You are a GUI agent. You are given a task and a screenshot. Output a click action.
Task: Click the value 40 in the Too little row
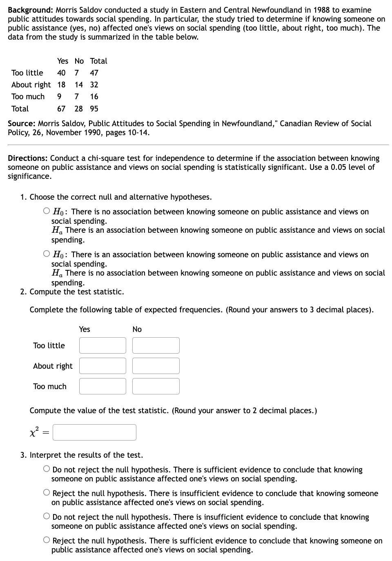[61, 73]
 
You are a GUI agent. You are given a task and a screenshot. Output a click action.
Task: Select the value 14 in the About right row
[79, 85]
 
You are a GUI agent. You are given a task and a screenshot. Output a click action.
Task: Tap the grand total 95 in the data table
[94, 109]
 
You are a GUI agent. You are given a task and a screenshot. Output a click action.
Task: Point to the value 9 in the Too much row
[60, 96]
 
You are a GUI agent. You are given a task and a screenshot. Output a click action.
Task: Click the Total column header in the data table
[98, 61]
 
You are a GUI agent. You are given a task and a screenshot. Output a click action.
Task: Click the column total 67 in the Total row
[61, 109]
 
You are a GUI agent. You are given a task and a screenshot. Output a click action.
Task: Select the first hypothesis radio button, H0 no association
[47, 211]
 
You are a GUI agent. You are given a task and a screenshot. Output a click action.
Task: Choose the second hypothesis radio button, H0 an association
[47, 254]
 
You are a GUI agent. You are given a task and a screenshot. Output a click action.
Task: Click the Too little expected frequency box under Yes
[102, 345]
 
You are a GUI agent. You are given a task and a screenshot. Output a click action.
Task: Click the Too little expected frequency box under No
[156, 345]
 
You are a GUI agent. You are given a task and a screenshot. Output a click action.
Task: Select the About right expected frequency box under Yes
[102, 366]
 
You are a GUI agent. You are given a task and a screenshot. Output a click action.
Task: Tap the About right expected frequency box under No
[156, 366]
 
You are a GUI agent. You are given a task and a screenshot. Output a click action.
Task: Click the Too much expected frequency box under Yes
[102, 386]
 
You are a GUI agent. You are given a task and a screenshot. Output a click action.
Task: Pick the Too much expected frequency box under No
[156, 386]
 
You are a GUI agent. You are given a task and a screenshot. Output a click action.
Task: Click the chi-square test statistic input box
[94, 432]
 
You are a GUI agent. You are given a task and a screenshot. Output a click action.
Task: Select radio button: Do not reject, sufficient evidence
[47, 470]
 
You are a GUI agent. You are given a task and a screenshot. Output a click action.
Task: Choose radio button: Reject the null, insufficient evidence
[47, 493]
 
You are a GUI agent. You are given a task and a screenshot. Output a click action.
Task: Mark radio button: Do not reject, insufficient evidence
[47, 517]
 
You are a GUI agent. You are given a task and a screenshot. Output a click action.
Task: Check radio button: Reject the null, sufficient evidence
[47, 541]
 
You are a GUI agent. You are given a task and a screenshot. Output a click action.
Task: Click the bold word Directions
[28, 158]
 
